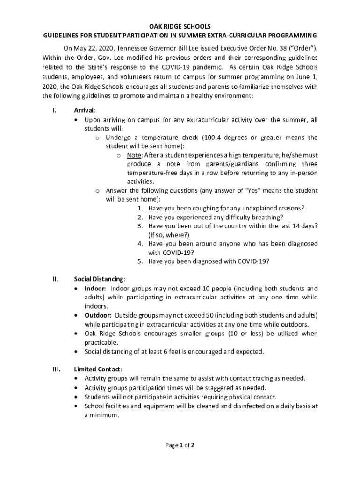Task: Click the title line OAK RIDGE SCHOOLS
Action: tap(180, 27)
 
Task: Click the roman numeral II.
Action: tap(55, 279)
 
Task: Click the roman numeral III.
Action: tap(55, 369)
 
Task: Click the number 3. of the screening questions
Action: tap(140, 226)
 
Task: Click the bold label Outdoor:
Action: tap(98, 315)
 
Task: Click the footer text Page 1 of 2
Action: tap(180, 445)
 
